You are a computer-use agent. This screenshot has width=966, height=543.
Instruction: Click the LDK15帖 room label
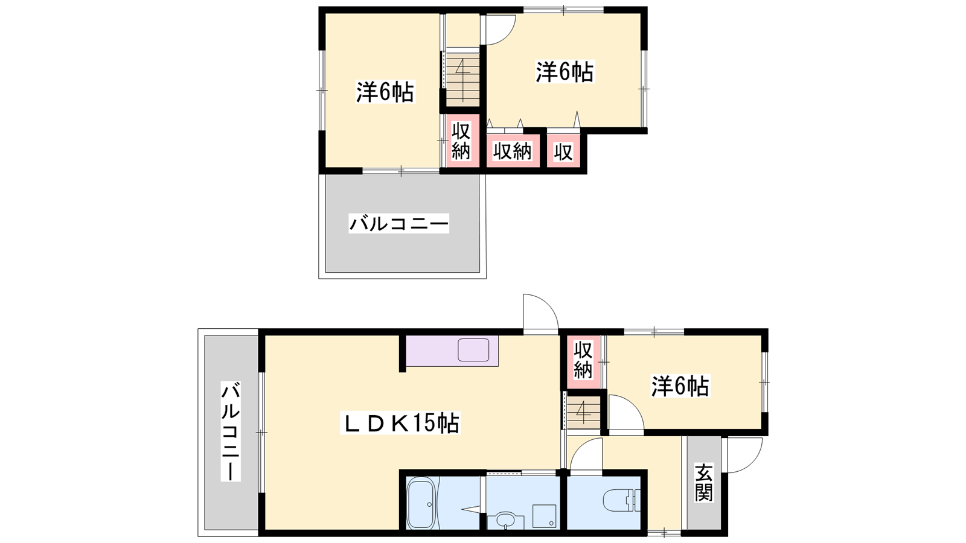[400, 423]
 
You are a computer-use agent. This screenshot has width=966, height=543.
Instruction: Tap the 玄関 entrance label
[703, 482]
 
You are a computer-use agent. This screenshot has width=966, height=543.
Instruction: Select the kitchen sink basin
[473, 349]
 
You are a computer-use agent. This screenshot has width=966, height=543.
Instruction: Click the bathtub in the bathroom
[421, 503]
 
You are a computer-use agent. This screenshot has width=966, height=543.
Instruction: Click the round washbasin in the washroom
[505, 520]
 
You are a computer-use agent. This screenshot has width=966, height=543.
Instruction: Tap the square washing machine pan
[544, 516]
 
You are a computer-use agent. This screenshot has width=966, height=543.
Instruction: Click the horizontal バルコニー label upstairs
[399, 224]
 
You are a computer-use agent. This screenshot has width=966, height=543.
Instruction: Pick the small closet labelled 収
[563, 151]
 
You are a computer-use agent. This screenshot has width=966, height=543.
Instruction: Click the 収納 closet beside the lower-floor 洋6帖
[583, 360]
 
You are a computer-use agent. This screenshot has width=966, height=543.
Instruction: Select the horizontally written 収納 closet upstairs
[513, 151]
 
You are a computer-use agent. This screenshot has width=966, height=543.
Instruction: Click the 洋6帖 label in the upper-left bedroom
[385, 92]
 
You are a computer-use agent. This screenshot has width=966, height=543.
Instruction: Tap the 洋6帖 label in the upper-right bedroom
[565, 72]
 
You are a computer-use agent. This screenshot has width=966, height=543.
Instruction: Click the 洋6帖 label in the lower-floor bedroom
[680, 386]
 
